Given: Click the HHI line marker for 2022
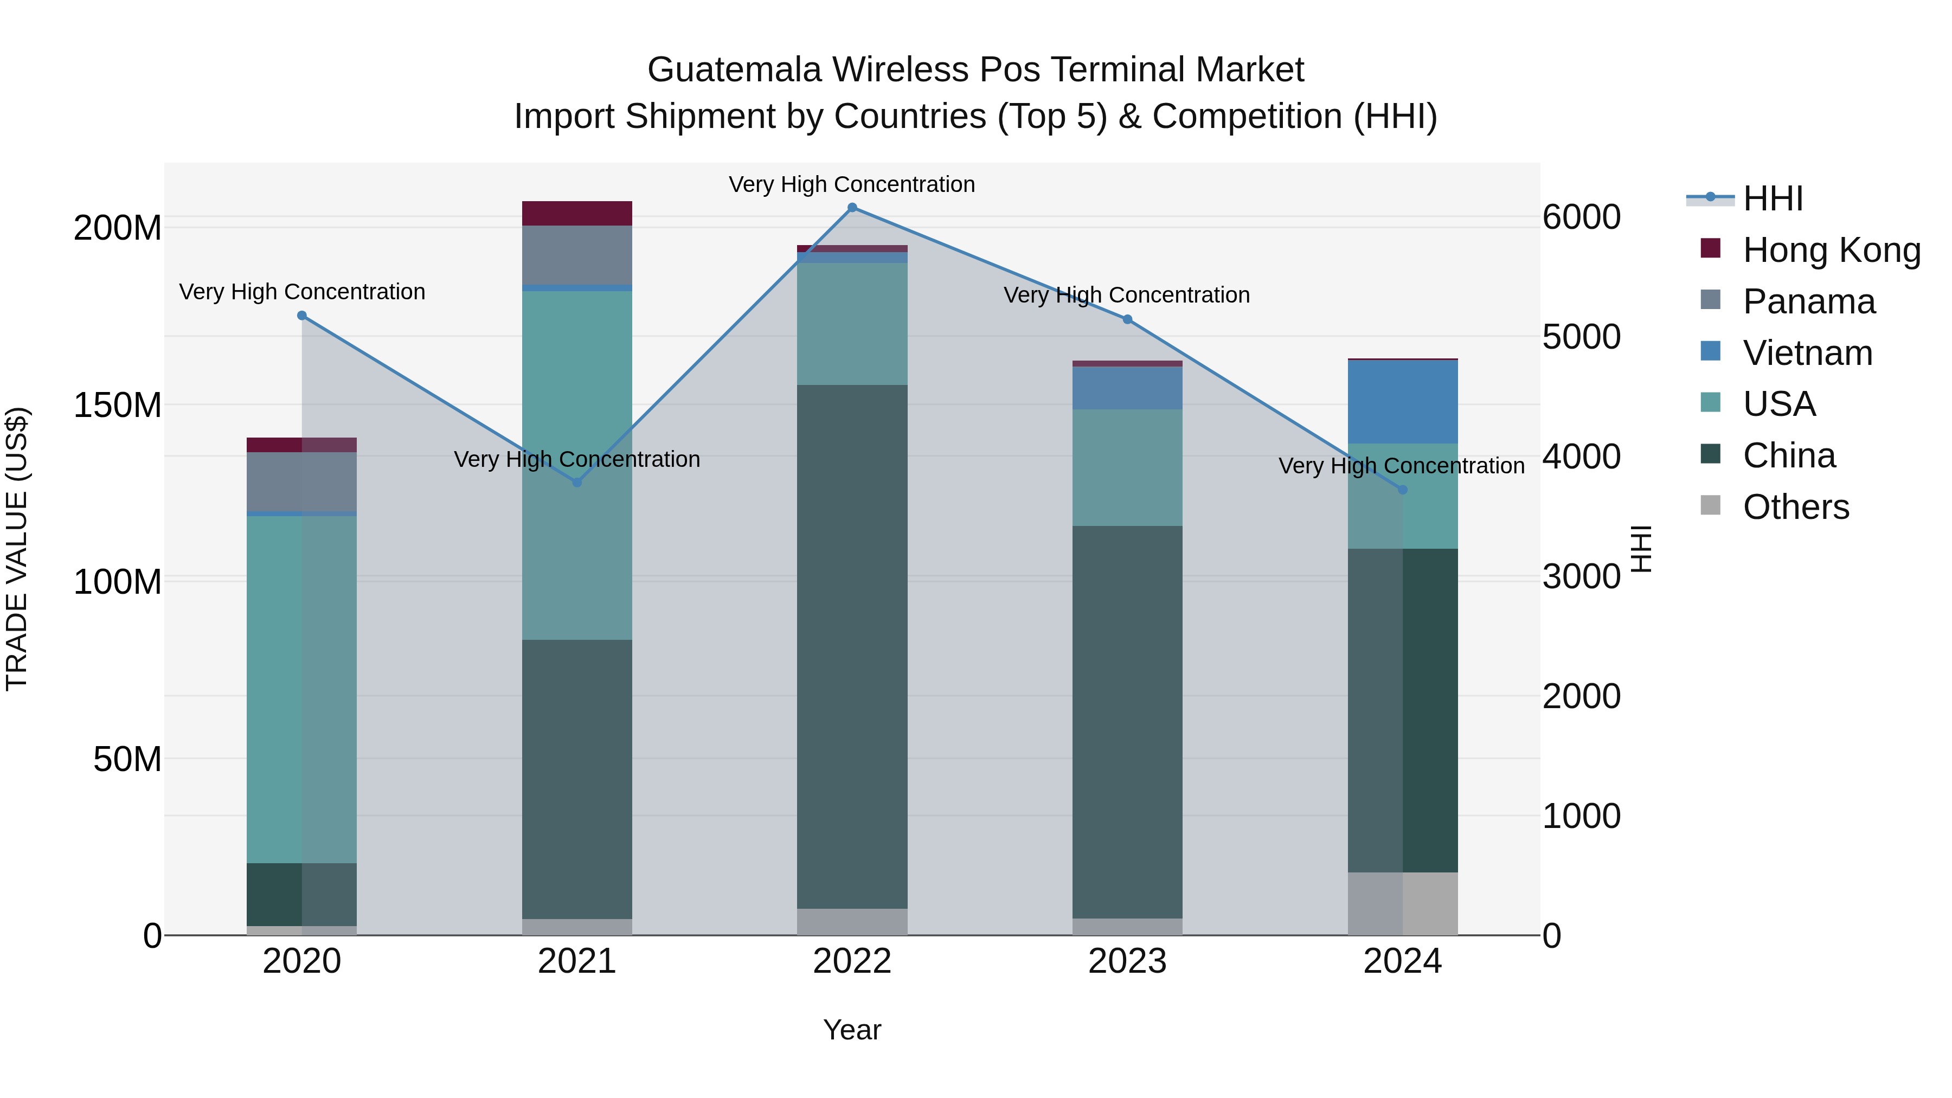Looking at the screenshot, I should pyautogui.click(x=852, y=208).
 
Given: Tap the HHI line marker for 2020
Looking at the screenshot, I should pyautogui.click(x=301, y=315).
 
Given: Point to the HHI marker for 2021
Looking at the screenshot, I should pyautogui.click(x=577, y=482).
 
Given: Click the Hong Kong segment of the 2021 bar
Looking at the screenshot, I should pyautogui.click(x=577, y=214).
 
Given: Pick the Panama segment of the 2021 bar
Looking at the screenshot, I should pyautogui.click(x=577, y=255).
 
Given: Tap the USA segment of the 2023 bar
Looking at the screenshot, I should pyautogui.click(x=1127, y=467).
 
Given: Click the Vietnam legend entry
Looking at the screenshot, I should pyautogui.click(x=1807, y=353).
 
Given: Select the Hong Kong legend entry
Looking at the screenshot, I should pyautogui.click(x=1832, y=250).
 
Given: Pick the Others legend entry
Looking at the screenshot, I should pyautogui.click(x=1795, y=507).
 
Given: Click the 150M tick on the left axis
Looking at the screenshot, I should pyautogui.click(x=118, y=406).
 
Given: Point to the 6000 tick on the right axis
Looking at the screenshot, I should pyautogui.click(x=1582, y=217).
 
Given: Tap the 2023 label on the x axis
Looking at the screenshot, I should pyautogui.click(x=1127, y=961).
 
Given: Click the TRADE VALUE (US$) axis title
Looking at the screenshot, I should pyautogui.click(x=17, y=549).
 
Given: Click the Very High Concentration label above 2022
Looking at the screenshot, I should pyautogui.click(x=852, y=185).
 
